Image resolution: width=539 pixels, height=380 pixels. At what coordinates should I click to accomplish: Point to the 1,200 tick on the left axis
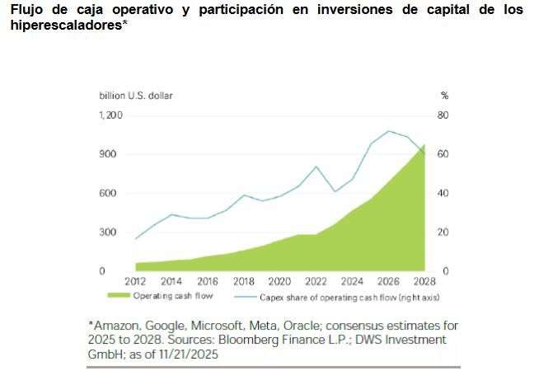pos(110,115)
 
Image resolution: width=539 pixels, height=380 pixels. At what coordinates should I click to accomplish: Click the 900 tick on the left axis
pos(108,154)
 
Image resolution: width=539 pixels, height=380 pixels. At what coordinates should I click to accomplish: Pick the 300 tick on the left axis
pos(108,232)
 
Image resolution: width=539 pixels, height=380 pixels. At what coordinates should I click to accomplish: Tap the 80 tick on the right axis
pos(443,115)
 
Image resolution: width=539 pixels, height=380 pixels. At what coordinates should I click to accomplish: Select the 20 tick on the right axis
pos(443,232)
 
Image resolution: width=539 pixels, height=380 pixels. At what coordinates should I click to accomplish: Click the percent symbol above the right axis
pos(444,96)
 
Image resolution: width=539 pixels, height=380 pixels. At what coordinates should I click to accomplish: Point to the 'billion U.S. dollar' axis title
pos(136,96)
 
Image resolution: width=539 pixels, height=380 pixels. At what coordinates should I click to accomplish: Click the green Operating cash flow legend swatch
pos(119,295)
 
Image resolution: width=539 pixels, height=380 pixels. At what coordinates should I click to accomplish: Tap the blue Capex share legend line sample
pos(245,295)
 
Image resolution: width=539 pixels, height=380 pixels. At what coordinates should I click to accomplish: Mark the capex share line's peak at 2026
pos(388,131)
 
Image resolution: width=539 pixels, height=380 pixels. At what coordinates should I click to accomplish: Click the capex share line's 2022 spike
pos(316,167)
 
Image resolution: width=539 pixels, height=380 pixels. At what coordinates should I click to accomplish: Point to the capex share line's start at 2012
pos(135,239)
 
